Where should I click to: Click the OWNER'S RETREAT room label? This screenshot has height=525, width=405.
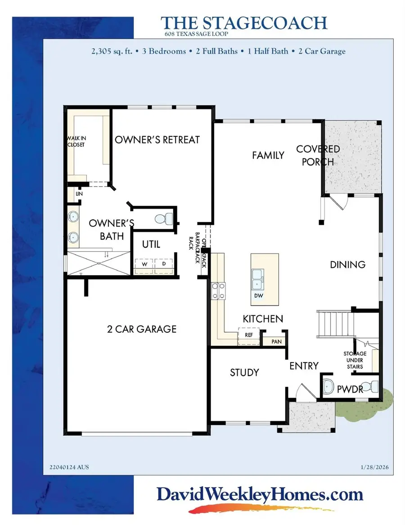157,140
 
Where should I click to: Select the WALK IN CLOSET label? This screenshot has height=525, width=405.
76,141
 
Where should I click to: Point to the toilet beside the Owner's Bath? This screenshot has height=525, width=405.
165,219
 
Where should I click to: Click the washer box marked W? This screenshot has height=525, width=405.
144,265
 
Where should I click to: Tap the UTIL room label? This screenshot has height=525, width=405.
151,244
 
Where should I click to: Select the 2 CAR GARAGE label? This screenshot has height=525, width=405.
142,329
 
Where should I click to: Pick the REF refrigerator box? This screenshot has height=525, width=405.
248,335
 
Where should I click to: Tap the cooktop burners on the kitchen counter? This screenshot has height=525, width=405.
218,290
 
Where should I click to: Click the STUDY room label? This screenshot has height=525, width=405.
244,372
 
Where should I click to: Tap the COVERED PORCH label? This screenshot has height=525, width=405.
318,155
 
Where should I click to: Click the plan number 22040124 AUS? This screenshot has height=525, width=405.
69,467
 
